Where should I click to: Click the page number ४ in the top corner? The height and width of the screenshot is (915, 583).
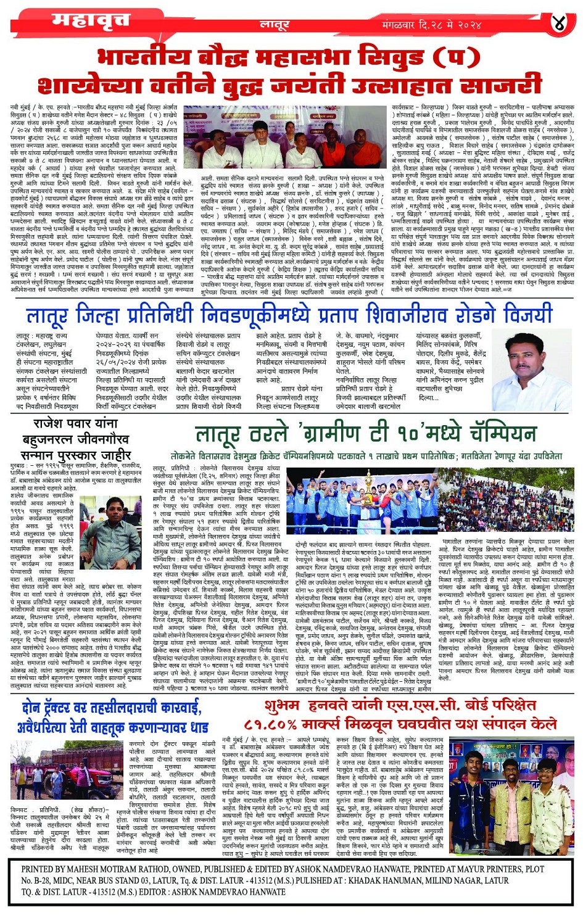click(x=559, y=24)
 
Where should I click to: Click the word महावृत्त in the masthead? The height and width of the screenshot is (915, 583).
click(x=91, y=23)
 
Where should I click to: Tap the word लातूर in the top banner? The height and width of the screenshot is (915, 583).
click(x=275, y=25)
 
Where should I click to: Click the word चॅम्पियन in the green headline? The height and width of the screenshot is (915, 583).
click(x=484, y=434)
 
